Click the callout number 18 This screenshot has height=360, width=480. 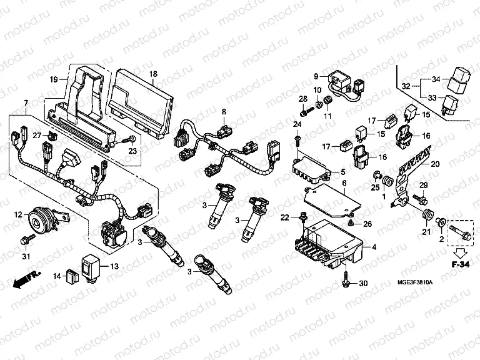point(152,74)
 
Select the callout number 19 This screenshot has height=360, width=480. point(54,79)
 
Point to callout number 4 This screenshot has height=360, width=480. point(374,247)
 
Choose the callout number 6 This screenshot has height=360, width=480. point(343,182)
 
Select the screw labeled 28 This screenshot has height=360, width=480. point(307,113)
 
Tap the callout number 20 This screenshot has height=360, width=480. point(436,163)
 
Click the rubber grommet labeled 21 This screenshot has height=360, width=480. point(428,216)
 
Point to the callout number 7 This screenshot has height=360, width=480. point(26,102)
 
